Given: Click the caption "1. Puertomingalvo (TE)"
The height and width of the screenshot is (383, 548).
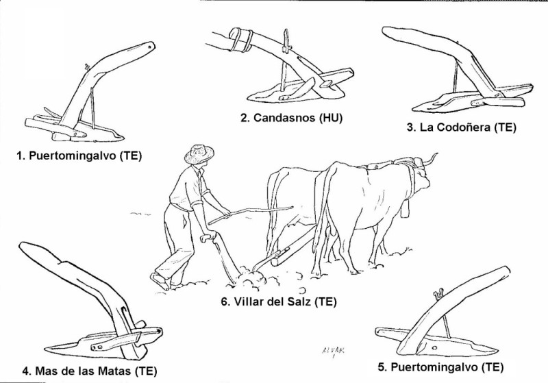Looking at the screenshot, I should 78,155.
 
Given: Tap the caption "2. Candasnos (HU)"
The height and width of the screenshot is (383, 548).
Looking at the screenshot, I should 291,118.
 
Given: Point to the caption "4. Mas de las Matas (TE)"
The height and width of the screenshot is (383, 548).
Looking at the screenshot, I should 90,371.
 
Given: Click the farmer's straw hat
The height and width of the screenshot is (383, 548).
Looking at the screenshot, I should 200,154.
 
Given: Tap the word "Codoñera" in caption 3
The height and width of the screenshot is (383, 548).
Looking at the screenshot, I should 457,127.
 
